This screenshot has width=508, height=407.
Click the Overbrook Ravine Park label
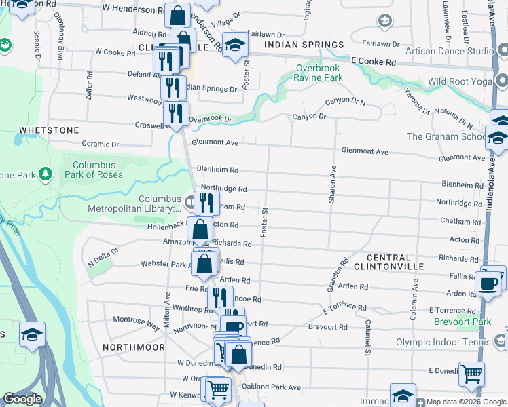coord(319,73)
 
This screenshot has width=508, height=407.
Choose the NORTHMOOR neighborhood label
coord(133,347)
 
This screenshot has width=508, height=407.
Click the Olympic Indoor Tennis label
coord(446,342)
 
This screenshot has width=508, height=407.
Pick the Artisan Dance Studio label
coord(449,51)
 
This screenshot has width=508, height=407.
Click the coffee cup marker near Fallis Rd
coord(488,283)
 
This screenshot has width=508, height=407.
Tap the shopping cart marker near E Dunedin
coord(471,372)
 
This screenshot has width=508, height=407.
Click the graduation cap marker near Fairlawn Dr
coord(236,45)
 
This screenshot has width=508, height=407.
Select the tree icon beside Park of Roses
coord(46,174)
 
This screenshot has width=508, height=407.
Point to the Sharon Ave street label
coord(333,185)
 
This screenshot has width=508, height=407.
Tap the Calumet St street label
coord(367,337)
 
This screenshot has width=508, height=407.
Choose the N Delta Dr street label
coord(103,256)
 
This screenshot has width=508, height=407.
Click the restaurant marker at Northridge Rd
coord(206,202)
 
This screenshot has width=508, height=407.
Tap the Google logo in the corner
coord(22,399)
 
